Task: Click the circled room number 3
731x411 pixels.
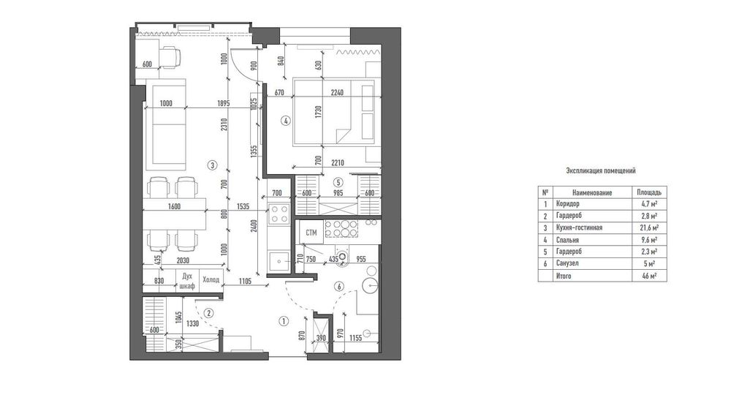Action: (212, 165)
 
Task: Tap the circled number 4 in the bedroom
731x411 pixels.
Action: (285, 121)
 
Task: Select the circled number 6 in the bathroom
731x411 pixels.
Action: (339, 286)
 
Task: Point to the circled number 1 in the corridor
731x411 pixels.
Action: (283, 321)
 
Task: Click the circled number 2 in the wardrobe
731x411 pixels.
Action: (208, 313)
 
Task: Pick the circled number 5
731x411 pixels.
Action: (338, 182)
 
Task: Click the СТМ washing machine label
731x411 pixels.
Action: (311, 233)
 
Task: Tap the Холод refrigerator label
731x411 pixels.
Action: (211, 280)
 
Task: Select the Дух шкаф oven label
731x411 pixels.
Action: (187, 281)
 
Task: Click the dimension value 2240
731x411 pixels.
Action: (337, 92)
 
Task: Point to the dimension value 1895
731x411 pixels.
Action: (223, 104)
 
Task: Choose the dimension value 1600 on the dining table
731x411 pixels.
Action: (174, 206)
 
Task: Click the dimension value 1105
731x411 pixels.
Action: (245, 281)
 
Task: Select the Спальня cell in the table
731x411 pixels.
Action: (567, 240)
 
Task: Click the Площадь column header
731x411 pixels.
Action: (649, 192)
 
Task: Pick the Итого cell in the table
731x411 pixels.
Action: (563, 276)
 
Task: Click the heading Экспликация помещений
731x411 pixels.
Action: (600, 170)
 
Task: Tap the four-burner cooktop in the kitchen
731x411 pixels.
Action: (279, 214)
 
